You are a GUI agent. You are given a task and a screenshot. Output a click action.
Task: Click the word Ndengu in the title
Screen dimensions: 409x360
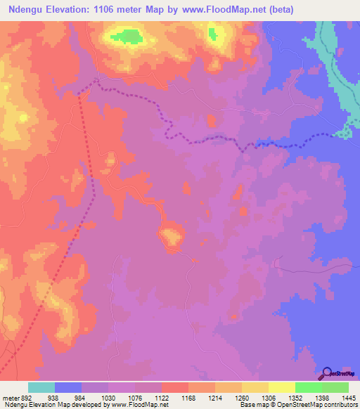point(24,10)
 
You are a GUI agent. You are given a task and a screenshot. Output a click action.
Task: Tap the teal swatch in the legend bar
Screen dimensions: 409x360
point(41,387)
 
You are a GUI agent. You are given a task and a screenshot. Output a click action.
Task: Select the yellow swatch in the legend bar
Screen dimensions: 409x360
point(282,387)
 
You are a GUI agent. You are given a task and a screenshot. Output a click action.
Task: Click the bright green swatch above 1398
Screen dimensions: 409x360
point(309,387)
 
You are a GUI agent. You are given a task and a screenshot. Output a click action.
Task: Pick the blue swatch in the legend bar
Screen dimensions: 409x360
point(68,387)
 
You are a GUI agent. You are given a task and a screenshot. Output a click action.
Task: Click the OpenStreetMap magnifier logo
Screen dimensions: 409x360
point(328,374)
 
